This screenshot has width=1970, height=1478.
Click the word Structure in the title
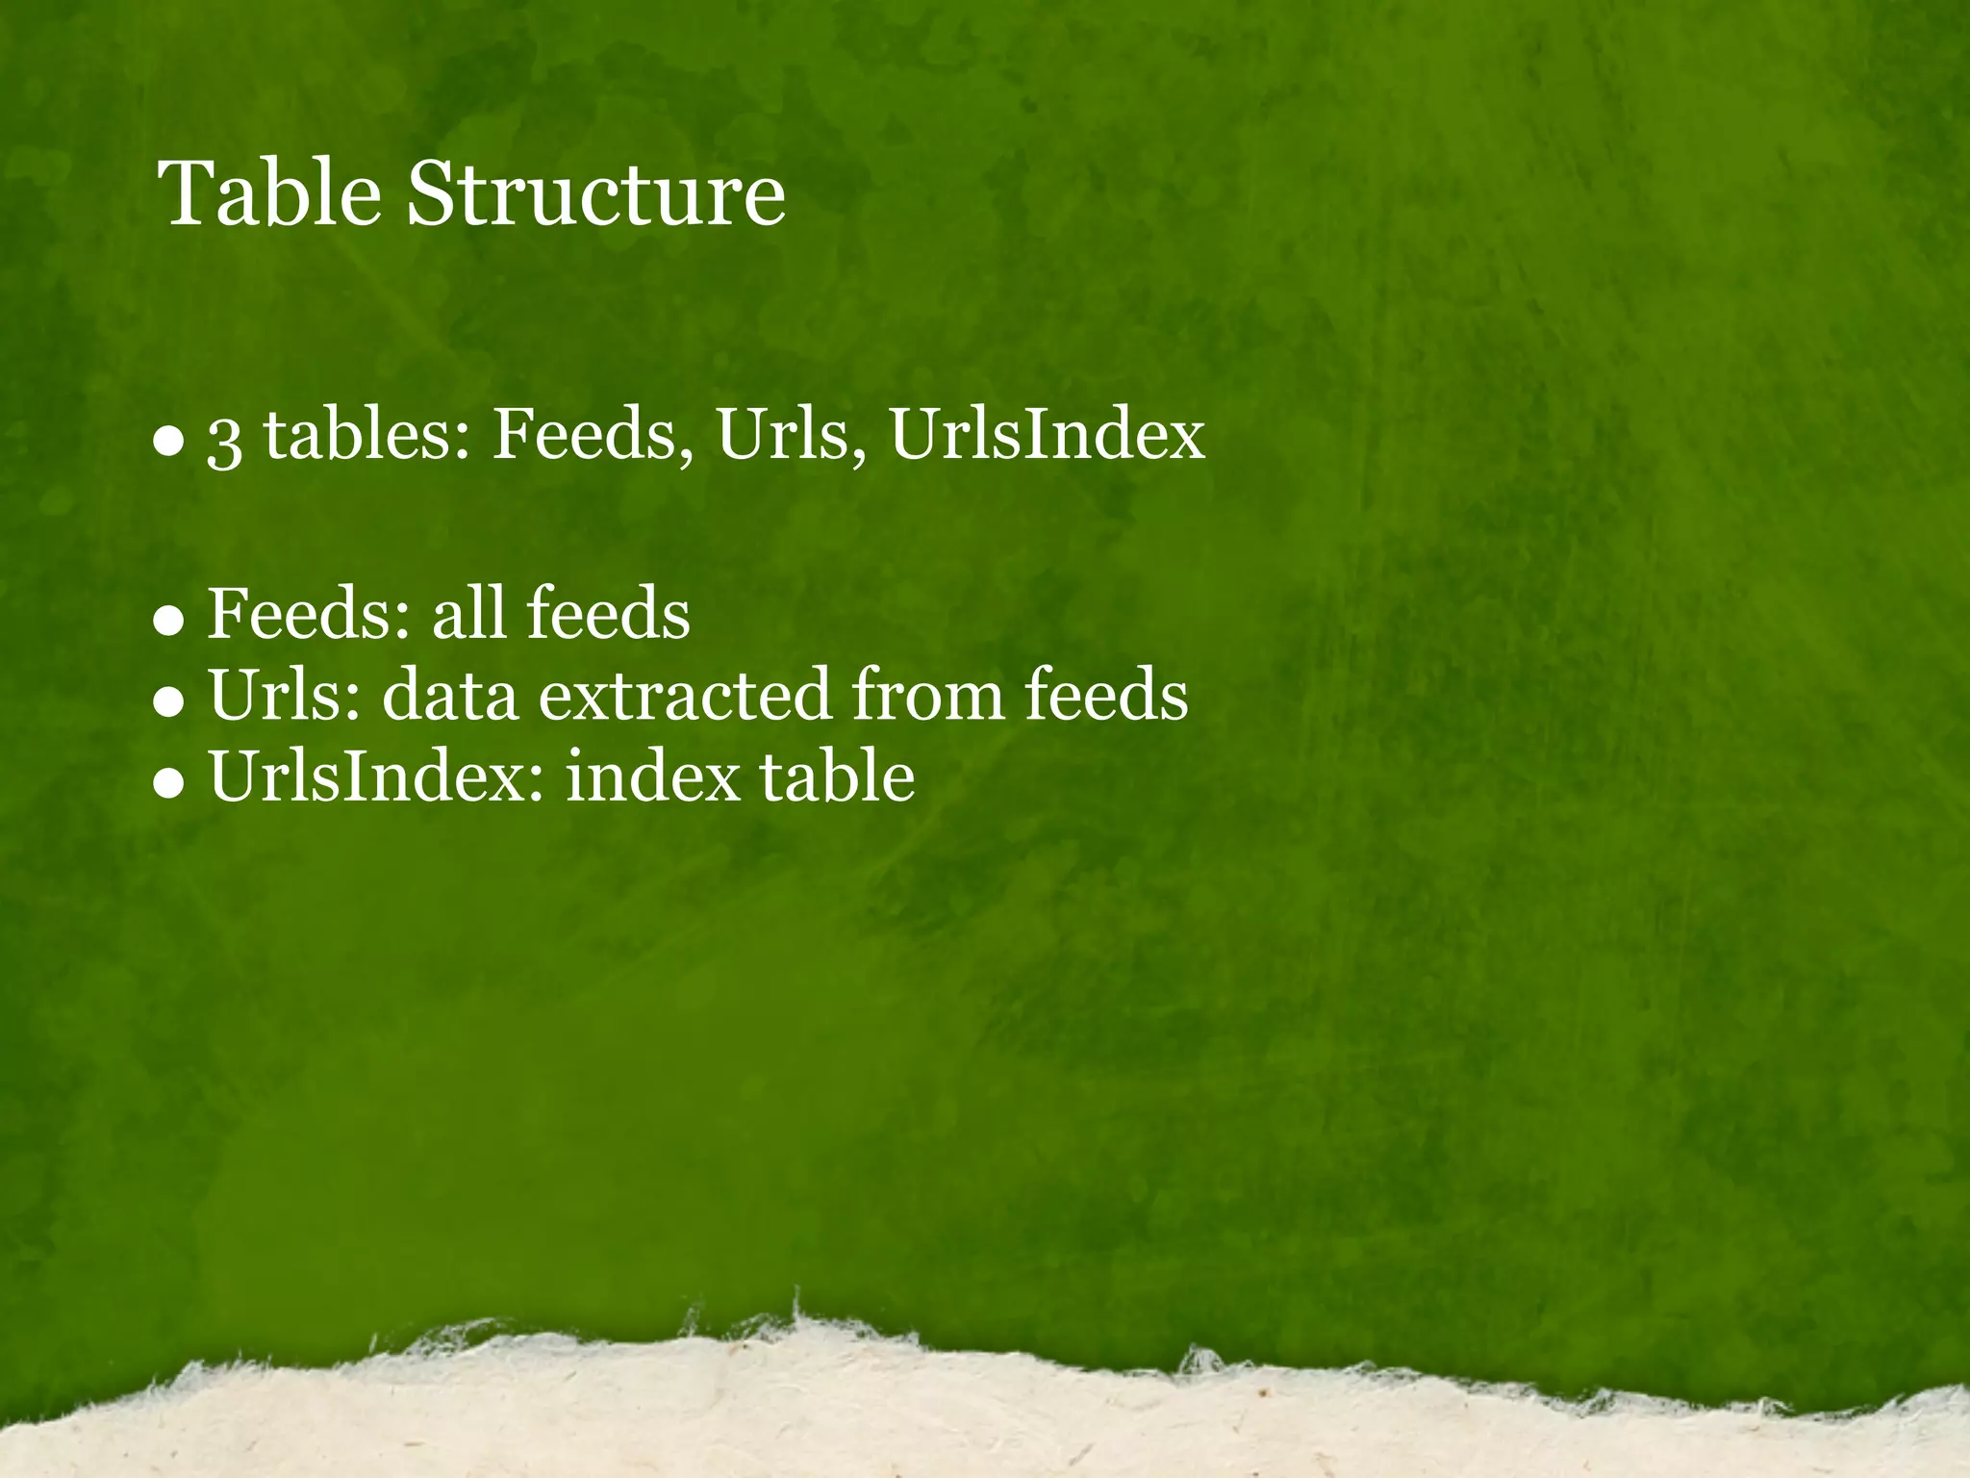[596, 194]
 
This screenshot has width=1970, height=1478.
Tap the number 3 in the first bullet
[224, 440]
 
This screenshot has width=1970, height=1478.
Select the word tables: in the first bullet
[366, 435]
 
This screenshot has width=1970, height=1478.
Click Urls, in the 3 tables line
[791, 435]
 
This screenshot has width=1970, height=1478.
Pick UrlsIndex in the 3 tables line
[1047, 435]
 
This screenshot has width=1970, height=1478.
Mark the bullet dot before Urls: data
[168, 702]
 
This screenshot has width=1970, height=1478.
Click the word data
[450, 695]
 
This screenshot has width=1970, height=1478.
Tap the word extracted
[684, 695]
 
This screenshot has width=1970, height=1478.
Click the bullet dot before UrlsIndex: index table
[168, 783]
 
